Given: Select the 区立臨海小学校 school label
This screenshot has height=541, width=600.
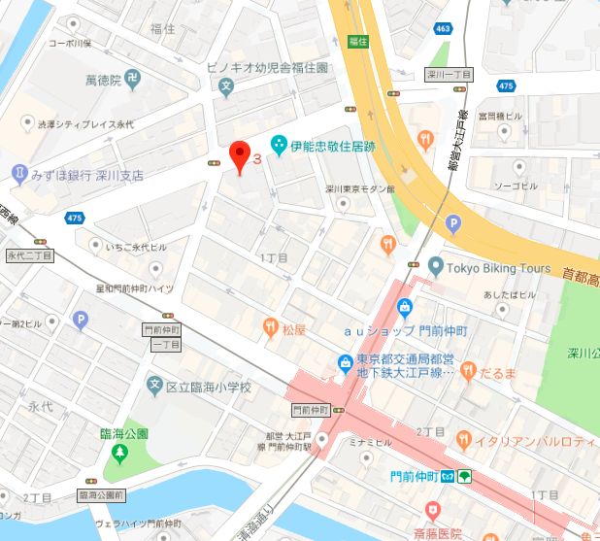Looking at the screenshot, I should click(208, 387).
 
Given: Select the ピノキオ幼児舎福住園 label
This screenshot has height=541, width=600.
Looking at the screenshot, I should click(282, 69).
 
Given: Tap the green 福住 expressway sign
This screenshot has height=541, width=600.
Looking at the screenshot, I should click(356, 41).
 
